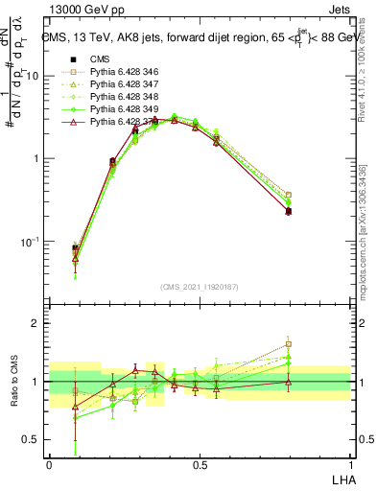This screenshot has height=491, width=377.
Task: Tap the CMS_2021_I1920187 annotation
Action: pyautogui.click(x=200, y=287)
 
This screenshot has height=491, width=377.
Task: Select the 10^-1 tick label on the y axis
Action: pyautogui.click(x=32, y=242)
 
